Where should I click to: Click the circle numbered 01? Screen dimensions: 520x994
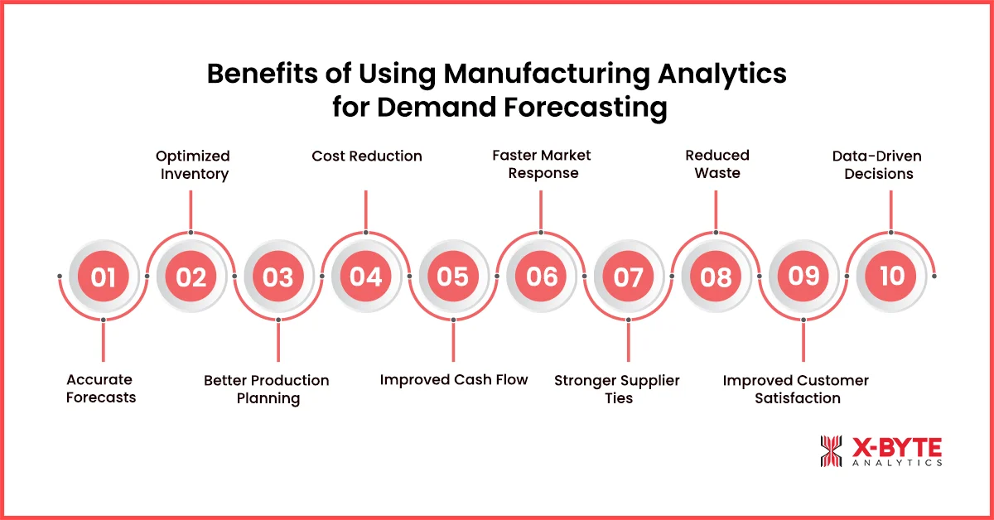[x=103, y=276]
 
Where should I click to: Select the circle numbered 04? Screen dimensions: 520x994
[x=365, y=276]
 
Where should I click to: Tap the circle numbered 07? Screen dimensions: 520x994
[x=628, y=276]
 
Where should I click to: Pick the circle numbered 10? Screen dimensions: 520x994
[x=891, y=276]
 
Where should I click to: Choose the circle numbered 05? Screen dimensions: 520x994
[x=453, y=276]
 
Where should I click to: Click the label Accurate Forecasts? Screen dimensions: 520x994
[x=100, y=388]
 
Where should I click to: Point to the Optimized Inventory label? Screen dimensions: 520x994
[x=192, y=165]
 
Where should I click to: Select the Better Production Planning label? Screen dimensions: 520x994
[x=267, y=389]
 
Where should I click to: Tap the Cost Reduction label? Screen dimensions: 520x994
[x=367, y=156]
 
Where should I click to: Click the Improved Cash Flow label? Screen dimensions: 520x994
[x=454, y=380]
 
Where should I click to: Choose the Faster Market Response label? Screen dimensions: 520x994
[x=542, y=164]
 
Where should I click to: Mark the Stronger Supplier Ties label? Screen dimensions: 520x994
[x=617, y=389]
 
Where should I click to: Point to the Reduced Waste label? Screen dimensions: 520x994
[x=717, y=164]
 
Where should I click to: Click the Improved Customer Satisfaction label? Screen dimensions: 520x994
[x=796, y=389]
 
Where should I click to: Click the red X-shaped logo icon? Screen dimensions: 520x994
[x=831, y=451]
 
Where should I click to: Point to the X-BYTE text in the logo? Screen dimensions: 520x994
[x=897, y=446]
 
